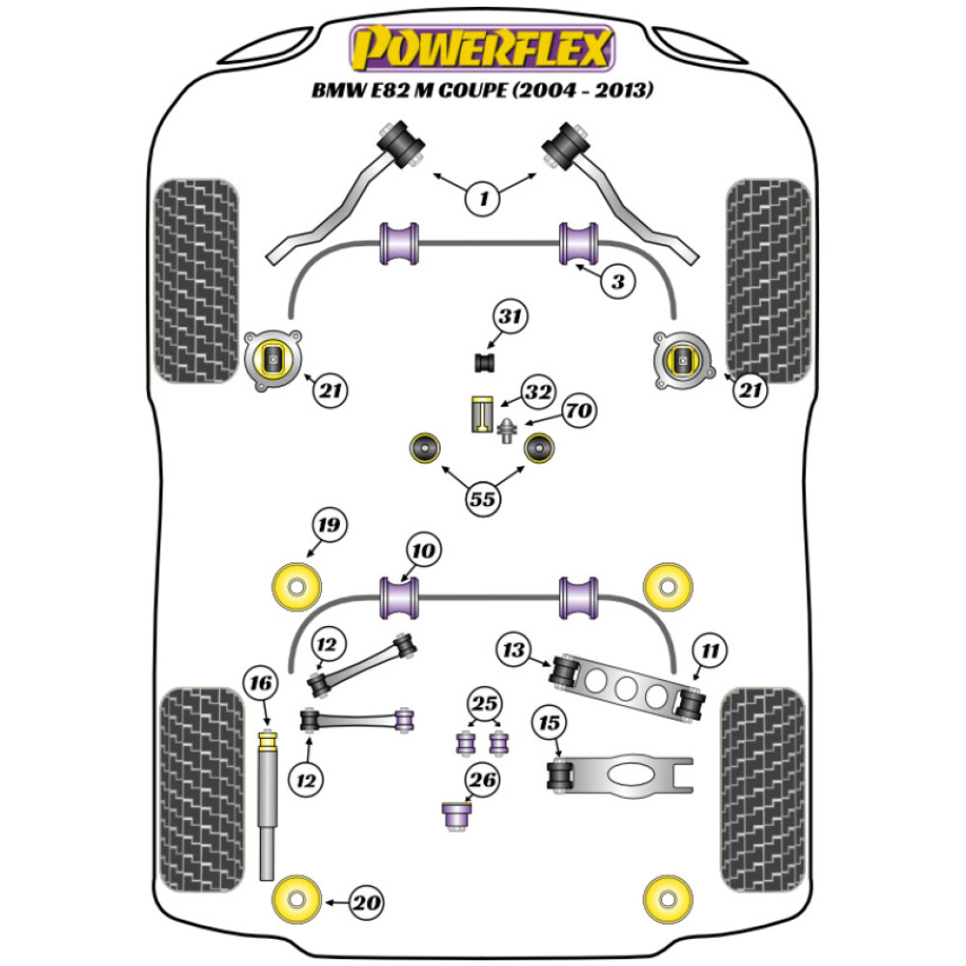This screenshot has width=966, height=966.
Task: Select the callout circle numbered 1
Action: [483, 199]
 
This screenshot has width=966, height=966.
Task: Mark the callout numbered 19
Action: [328, 526]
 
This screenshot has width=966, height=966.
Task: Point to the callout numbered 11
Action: [710, 651]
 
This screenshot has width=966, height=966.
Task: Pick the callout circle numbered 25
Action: [483, 702]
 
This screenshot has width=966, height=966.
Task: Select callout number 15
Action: [551, 724]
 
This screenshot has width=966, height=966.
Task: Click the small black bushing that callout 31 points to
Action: [483, 363]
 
